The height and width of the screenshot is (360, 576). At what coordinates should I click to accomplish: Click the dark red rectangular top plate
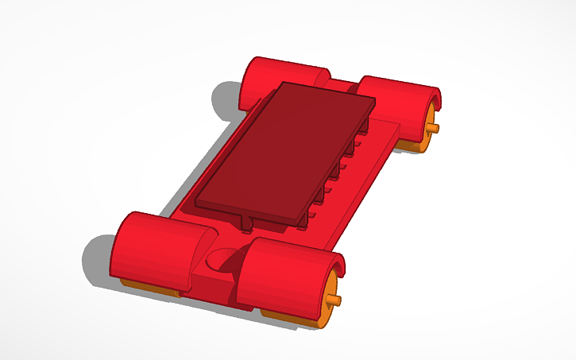coord(282,151)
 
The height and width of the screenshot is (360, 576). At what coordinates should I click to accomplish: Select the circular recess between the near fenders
coord(225,261)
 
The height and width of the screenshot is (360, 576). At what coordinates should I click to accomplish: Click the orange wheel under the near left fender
coord(147,288)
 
